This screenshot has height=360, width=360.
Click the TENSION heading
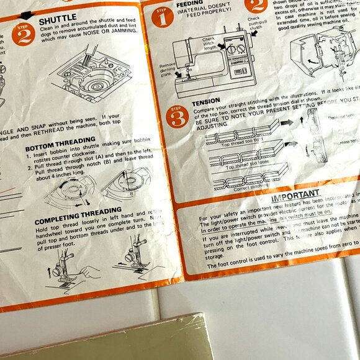click(x=205, y=102)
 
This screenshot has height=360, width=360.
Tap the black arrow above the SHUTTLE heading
click(x=28, y=14)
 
